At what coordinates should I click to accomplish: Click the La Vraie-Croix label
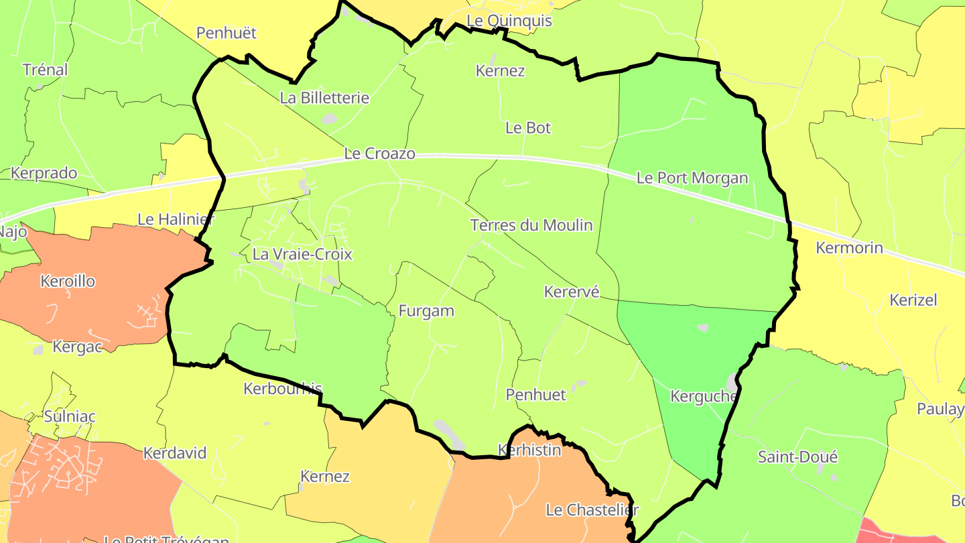click(x=302, y=255)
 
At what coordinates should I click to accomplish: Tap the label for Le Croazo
click(x=379, y=154)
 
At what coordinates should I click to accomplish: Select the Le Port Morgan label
click(x=692, y=178)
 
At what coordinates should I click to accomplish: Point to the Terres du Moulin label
click(x=531, y=225)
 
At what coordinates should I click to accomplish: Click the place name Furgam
click(x=426, y=311)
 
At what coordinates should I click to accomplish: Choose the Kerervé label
click(x=571, y=292)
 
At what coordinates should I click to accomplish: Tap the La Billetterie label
click(x=324, y=98)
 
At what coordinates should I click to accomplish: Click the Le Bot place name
click(x=527, y=127)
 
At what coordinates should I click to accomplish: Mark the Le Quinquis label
click(x=509, y=21)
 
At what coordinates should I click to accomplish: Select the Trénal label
click(x=45, y=70)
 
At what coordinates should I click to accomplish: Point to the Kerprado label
click(x=44, y=173)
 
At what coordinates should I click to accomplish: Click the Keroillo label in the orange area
click(x=68, y=281)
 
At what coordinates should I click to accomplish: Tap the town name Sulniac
click(x=70, y=416)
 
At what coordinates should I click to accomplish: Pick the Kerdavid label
click(x=175, y=453)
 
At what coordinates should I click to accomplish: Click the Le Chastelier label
click(x=592, y=510)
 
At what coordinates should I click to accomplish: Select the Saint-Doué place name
click(x=797, y=457)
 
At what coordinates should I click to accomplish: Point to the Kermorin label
click(x=849, y=248)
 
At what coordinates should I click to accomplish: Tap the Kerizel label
click(x=913, y=300)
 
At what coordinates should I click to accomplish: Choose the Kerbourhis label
click(x=283, y=389)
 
